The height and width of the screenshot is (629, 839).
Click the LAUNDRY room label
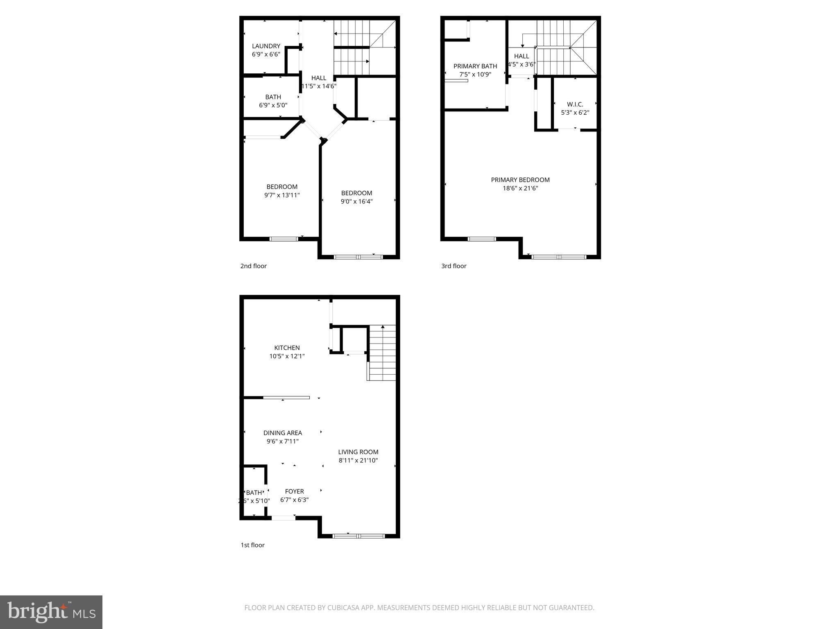pyautogui.click(x=266, y=46)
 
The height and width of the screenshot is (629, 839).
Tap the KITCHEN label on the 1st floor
pyautogui.click(x=287, y=348)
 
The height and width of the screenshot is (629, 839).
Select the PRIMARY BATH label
pyautogui.click(x=475, y=66)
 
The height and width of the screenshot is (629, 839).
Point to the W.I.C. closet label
pyautogui.click(x=575, y=104)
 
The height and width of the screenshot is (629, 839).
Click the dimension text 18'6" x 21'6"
pyautogui.click(x=520, y=188)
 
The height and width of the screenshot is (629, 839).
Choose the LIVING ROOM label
pyautogui.click(x=358, y=452)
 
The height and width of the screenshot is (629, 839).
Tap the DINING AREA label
pyautogui.click(x=282, y=433)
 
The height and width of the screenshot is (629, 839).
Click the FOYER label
pyautogui.click(x=294, y=491)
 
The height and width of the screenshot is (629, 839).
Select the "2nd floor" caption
pyautogui.click(x=253, y=266)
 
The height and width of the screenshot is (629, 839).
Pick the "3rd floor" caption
pyautogui.click(x=454, y=266)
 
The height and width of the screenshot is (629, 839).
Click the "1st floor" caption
pyautogui.click(x=252, y=545)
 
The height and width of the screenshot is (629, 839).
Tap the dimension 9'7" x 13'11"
pyautogui.click(x=282, y=195)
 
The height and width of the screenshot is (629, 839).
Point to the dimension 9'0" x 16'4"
pyautogui.click(x=356, y=201)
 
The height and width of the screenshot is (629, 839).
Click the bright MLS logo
pyautogui.click(x=51, y=612)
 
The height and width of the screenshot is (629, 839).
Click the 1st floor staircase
pyautogui.click(x=382, y=353)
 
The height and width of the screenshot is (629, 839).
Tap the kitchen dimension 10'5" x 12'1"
pyautogui.click(x=287, y=356)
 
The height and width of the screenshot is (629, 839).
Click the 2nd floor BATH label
pyautogui.click(x=273, y=97)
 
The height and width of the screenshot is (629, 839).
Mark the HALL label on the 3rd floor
pyautogui.click(x=522, y=56)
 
